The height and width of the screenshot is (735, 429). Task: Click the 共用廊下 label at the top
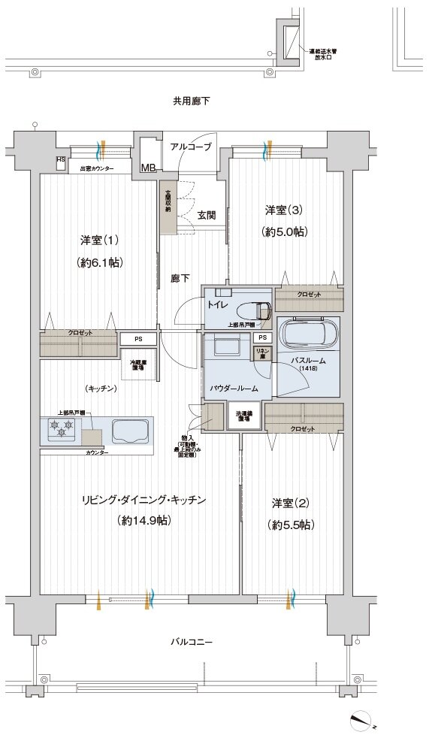point(191,100)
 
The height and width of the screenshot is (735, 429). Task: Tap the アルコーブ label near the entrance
point(190,147)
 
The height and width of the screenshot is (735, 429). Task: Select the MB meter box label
point(147,168)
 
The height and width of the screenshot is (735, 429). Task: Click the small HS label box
point(60,160)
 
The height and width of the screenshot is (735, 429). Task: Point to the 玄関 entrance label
point(207,214)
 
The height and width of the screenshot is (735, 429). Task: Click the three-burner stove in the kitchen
point(62,429)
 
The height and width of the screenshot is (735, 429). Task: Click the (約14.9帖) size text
point(143,520)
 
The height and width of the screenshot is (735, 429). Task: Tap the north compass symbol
point(364,719)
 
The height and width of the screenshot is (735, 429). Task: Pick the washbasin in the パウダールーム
point(225,346)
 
